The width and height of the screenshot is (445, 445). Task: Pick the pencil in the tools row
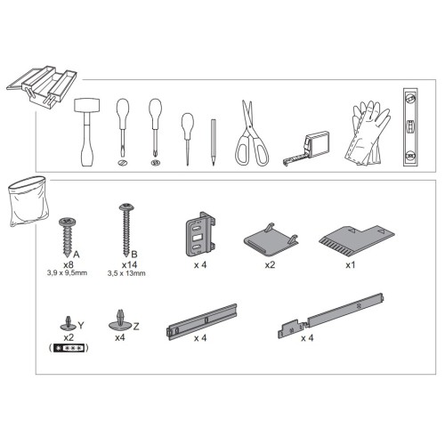pyautogui.click(x=213, y=142)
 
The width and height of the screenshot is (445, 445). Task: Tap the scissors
pyautogui.click(x=252, y=133)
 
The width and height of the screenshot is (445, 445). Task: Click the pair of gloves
pyautogui.click(x=368, y=133)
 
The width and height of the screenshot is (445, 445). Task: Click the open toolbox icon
pyautogui.click(x=42, y=86)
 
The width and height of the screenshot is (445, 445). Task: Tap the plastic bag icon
pyautogui.click(x=28, y=201)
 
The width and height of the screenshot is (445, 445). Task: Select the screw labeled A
pyautogui.click(x=67, y=237)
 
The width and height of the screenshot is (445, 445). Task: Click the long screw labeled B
pyautogui.click(x=126, y=230)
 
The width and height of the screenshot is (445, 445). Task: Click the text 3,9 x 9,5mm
pyautogui.click(x=67, y=273)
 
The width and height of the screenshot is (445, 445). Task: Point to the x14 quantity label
pyautogui.click(x=129, y=264)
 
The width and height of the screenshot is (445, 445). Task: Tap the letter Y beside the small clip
pyautogui.click(x=81, y=326)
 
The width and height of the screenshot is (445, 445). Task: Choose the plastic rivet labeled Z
pyautogui.click(x=120, y=320)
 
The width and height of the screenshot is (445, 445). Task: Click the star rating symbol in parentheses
pyautogui.click(x=69, y=348)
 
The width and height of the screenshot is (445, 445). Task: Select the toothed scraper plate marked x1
pyautogui.click(x=357, y=241)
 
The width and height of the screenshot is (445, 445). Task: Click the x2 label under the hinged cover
pyautogui.click(x=270, y=264)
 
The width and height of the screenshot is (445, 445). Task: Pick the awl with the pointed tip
pyautogui.click(x=188, y=139)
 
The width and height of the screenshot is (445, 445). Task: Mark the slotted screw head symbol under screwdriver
pyautogui.click(x=122, y=162)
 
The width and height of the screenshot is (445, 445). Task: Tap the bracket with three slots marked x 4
pyautogui.click(x=200, y=234)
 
